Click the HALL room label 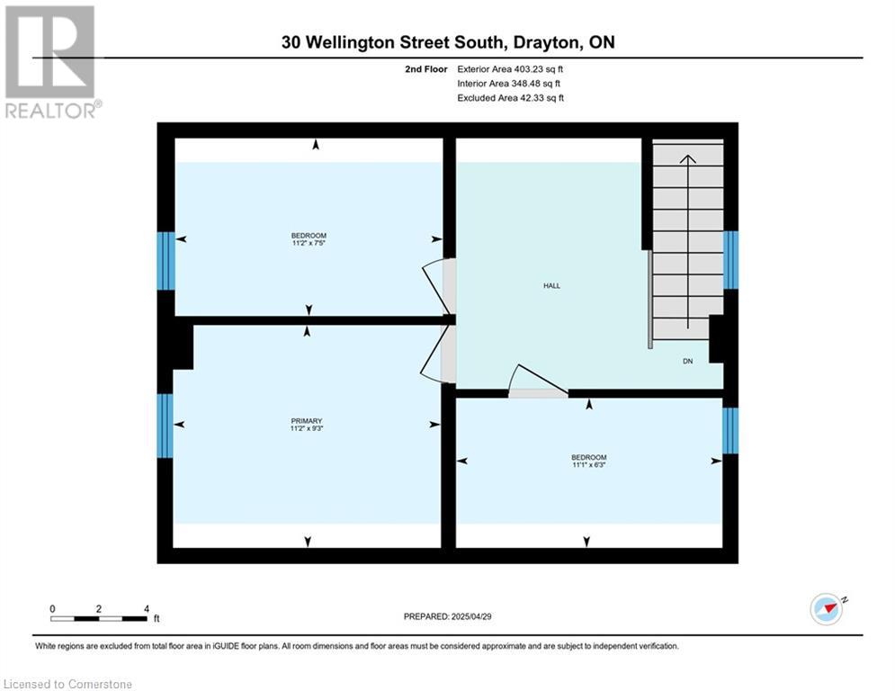(551, 285)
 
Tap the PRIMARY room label (307, 421)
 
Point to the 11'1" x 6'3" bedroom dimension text (589, 465)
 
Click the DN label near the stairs (687, 361)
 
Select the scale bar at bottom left (99, 618)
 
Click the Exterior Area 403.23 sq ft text (510, 69)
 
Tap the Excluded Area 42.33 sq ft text (510, 98)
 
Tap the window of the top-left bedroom (166, 261)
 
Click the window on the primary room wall (166, 426)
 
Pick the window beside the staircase (731, 260)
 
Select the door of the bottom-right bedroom (537, 384)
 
